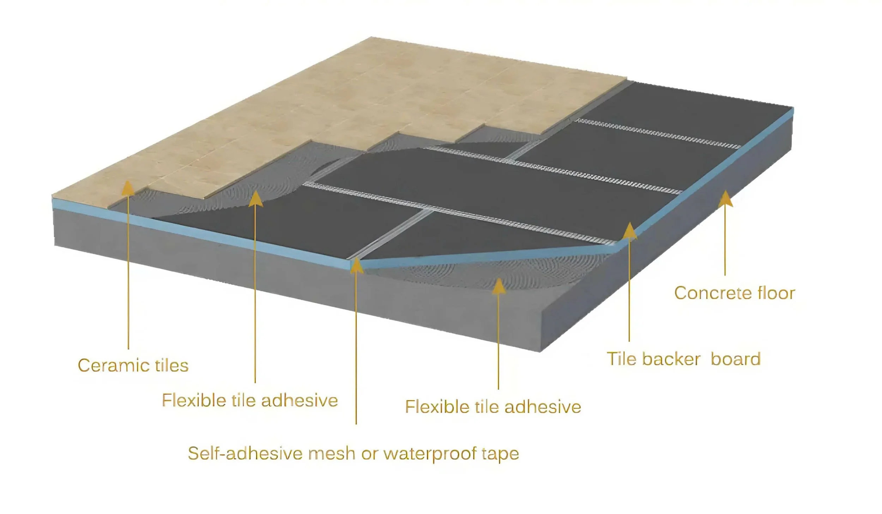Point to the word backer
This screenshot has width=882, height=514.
[671, 359]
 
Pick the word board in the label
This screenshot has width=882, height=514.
[735, 359]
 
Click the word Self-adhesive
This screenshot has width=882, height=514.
[245, 453]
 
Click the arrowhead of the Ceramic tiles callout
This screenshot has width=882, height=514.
[128, 188]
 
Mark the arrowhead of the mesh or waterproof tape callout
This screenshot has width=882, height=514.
[357, 265]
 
